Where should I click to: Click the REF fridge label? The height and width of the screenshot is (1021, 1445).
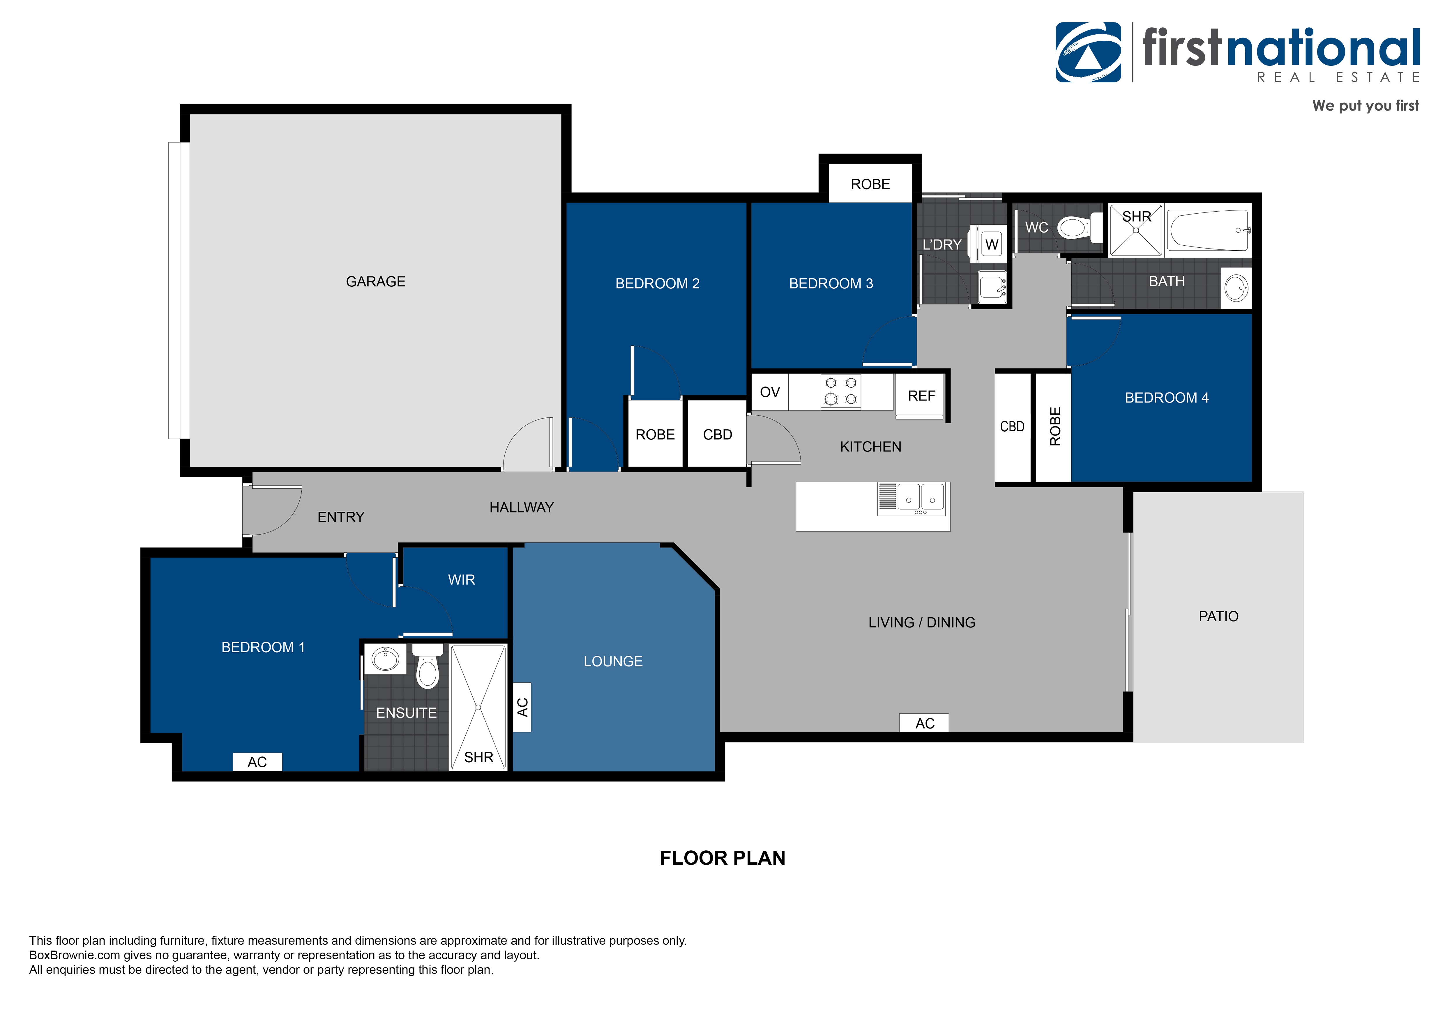921,396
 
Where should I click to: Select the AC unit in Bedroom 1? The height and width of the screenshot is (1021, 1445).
257,762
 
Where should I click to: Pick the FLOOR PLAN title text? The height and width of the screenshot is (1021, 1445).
722,858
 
